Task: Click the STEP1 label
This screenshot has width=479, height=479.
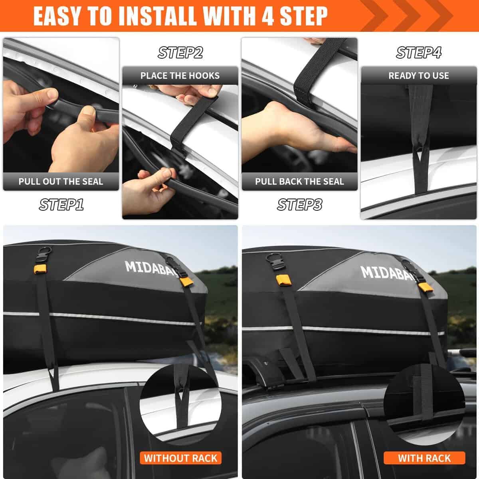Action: tap(61, 205)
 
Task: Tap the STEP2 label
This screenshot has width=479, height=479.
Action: tap(180, 53)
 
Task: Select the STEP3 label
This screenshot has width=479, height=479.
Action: tap(299, 205)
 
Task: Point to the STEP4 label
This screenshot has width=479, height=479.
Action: tap(419, 53)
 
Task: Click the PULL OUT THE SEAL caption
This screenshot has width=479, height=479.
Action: tap(61, 182)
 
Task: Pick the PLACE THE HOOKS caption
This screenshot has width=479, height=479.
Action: tap(180, 76)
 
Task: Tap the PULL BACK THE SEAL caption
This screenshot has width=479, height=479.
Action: tap(299, 182)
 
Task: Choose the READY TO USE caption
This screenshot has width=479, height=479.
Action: tap(419, 76)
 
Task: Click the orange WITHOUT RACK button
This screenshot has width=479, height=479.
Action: tap(180, 458)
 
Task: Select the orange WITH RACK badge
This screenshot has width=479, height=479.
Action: tap(424, 458)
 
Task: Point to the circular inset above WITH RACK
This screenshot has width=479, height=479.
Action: tap(424, 403)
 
